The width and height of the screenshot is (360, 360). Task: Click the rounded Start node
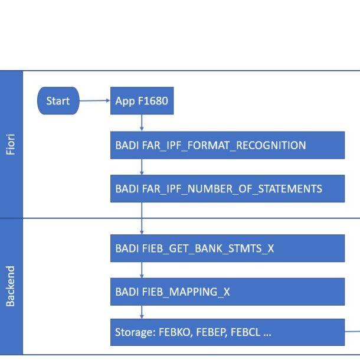(58, 100)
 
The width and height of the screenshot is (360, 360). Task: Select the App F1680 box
(142, 100)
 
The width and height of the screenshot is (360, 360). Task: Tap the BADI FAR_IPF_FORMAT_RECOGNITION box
(228, 145)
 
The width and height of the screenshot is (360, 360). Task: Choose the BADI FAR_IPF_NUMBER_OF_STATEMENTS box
(228, 188)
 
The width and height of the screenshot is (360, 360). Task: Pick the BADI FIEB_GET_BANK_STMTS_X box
(228, 248)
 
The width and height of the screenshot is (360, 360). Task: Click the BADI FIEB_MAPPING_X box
(228, 292)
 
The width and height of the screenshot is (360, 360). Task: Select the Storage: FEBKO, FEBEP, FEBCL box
(228, 332)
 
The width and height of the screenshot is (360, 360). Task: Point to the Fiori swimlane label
(11, 144)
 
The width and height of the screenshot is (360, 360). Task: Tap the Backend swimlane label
(11, 286)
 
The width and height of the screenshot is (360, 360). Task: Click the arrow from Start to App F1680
(95, 100)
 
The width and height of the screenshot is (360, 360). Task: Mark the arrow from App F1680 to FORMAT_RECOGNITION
(142, 123)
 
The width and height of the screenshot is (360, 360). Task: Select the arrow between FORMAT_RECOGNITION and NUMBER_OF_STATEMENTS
(142, 167)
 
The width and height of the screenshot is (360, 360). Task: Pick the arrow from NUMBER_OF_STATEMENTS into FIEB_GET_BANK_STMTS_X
(142, 218)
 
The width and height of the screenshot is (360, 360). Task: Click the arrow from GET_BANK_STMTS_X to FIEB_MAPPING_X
(142, 270)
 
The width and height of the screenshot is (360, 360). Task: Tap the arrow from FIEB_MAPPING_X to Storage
(142, 312)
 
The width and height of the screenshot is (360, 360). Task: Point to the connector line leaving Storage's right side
(352, 331)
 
